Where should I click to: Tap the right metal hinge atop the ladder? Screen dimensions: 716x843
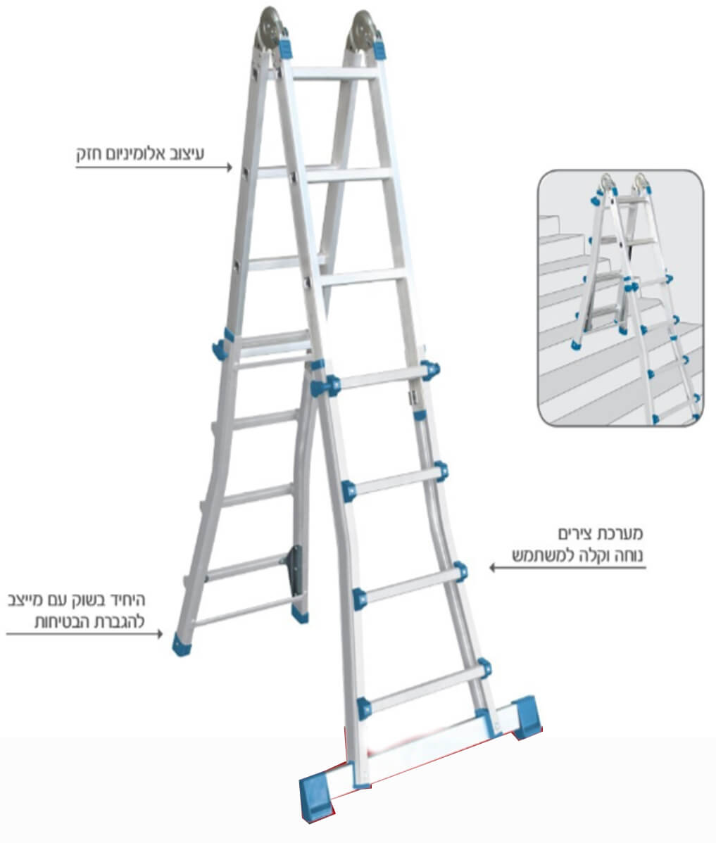point(364,30)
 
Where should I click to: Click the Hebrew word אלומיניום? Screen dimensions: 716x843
point(138,154)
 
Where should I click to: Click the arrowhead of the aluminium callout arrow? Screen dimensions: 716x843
point(230,167)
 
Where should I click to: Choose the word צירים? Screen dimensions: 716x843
point(576,534)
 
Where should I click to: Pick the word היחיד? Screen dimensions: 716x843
point(126,600)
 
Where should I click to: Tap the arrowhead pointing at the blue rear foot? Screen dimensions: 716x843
point(159,634)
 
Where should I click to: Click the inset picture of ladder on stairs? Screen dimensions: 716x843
point(620,298)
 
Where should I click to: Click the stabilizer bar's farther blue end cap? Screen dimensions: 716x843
point(525,716)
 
